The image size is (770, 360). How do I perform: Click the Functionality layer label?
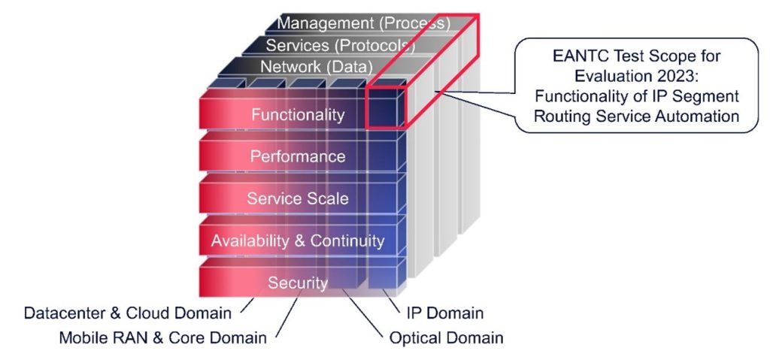[x=298, y=115]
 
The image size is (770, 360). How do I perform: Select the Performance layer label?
[x=298, y=157]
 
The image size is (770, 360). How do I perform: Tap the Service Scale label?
[x=298, y=199]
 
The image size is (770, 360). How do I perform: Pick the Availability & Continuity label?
[x=298, y=241]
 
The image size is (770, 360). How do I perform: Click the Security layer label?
[x=298, y=283]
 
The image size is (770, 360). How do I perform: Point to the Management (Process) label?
[x=363, y=23]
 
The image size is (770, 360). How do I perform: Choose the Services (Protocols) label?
[x=341, y=45]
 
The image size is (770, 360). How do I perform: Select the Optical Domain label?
[x=446, y=337]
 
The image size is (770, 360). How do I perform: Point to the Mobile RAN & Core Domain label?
[x=162, y=337]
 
